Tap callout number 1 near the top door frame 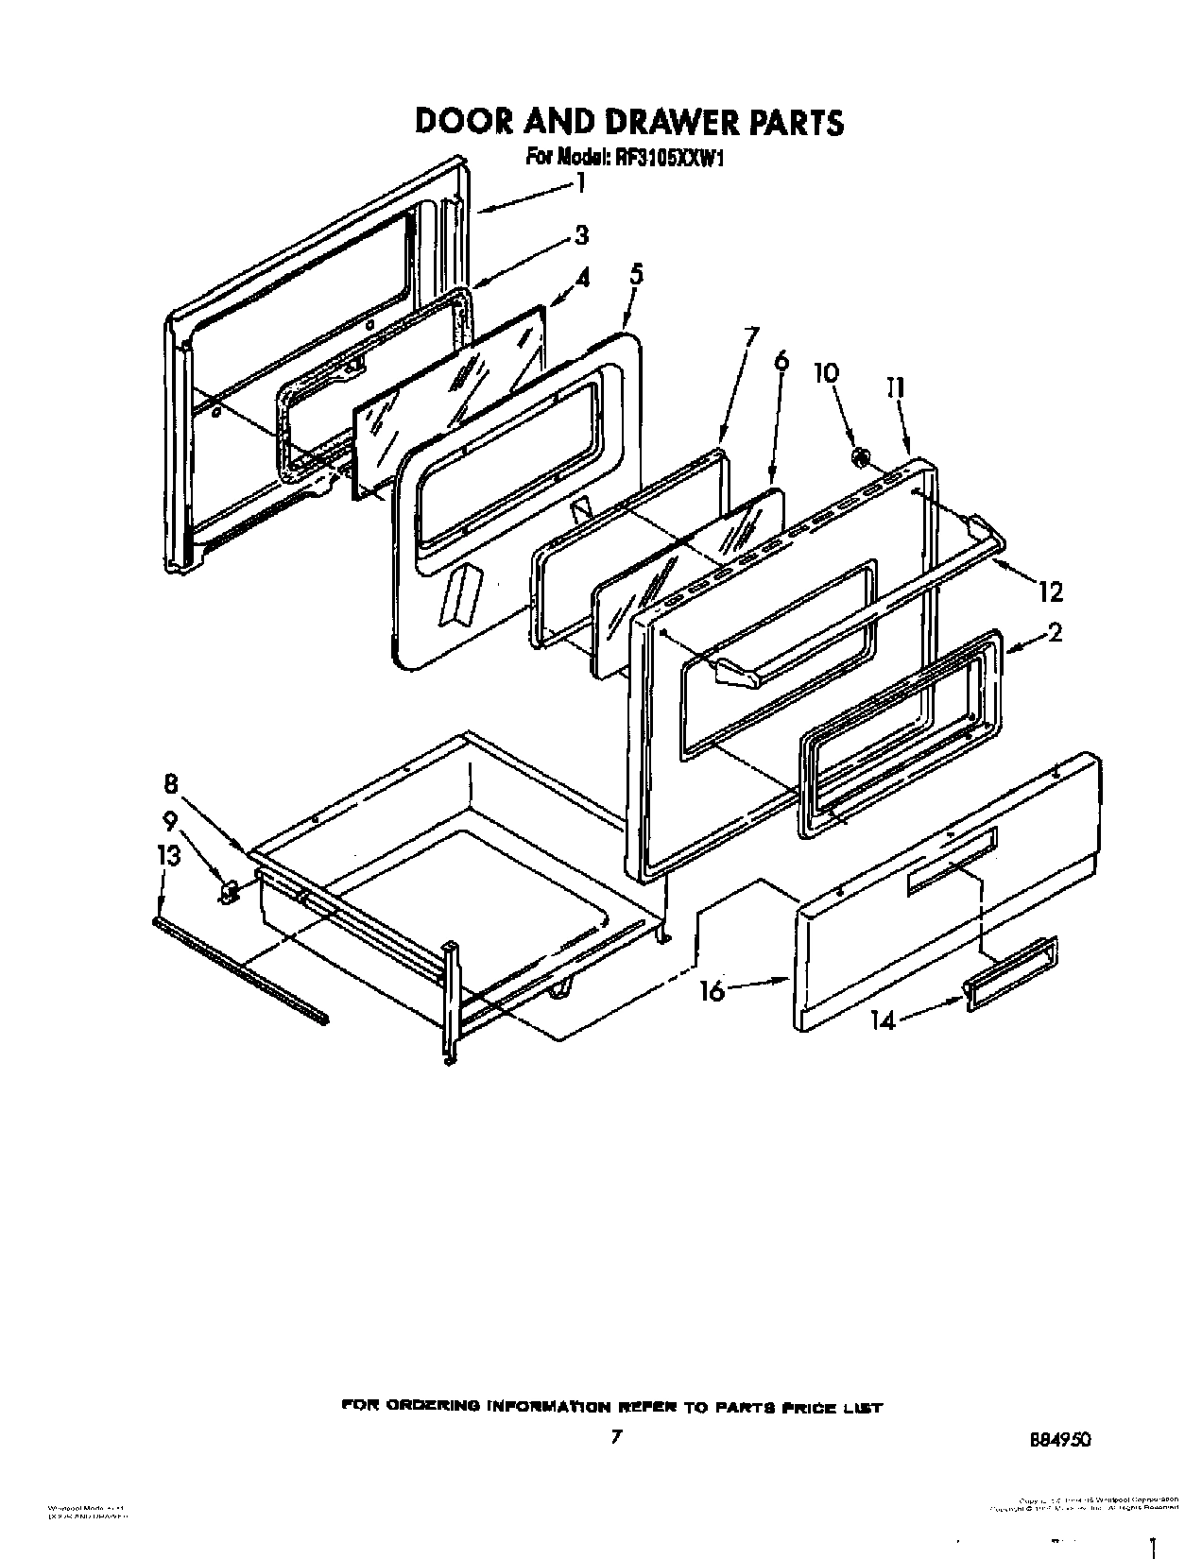[580, 182]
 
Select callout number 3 [581, 234]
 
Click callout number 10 [825, 372]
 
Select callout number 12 [1049, 592]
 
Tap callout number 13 [168, 855]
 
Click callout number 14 [883, 1020]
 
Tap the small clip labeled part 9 [227, 890]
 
